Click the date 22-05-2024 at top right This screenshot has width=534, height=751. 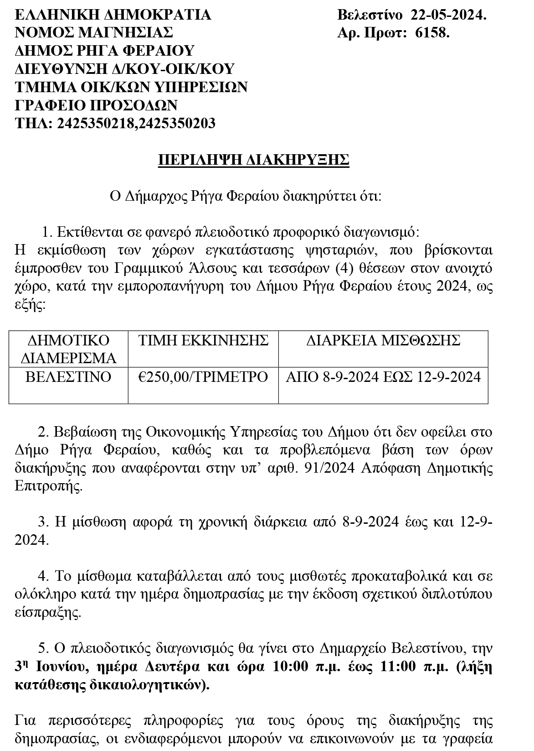448,15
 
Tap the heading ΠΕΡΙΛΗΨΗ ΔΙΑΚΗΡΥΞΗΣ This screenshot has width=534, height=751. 253,160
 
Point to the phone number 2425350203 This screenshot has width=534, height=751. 177,123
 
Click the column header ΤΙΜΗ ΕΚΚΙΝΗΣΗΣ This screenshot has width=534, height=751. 203,340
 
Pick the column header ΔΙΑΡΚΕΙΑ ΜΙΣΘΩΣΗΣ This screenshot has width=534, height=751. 383,340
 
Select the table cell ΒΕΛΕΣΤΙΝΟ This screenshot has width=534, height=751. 68,377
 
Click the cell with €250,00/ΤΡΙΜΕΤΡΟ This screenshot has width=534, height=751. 203,377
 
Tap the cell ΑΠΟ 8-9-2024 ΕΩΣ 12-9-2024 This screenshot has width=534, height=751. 383,377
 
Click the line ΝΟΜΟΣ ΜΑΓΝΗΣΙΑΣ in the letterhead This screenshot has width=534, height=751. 94,33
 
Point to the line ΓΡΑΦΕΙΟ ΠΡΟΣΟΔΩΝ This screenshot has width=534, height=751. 96,105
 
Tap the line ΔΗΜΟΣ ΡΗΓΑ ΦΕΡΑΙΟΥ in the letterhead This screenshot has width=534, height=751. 105,51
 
